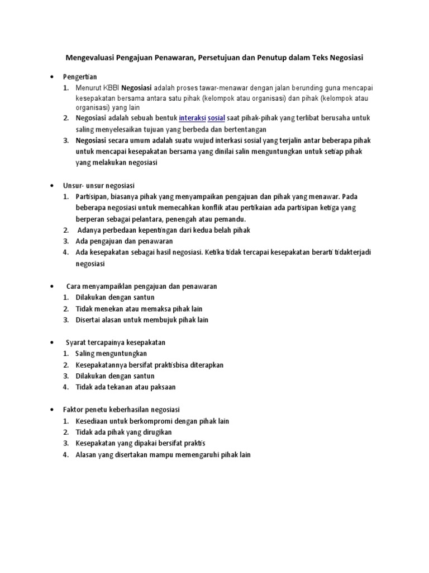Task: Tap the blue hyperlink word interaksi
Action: click(192, 119)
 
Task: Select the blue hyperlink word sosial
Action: click(216, 119)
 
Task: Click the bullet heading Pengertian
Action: click(82, 76)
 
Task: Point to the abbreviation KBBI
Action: click(109, 88)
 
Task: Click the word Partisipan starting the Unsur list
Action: click(93, 196)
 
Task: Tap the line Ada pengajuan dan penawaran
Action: click(124, 241)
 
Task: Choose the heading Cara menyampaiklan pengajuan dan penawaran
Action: click(141, 286)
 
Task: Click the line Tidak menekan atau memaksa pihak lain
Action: click(139, 309)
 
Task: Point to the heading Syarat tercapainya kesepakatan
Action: click(115, 342)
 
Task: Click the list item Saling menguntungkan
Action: click(111, 354)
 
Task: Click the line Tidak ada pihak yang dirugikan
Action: click(123, 432)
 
